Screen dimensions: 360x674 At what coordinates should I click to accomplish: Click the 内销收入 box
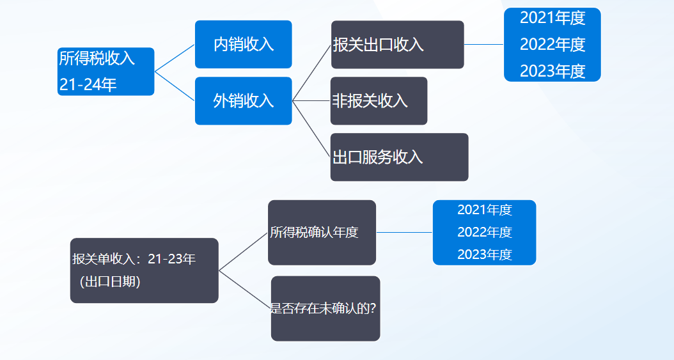click(243, 44)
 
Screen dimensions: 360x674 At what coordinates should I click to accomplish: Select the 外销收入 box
click(243, 100)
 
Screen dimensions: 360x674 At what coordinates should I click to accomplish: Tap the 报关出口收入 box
click(397, 44)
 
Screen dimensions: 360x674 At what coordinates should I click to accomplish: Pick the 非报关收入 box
click(379, 100)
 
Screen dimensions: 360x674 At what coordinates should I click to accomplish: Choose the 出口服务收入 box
click(399, 157)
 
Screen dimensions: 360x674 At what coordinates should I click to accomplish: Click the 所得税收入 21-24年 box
click(106, 71)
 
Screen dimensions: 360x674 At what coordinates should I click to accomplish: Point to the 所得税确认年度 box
click(322, 232)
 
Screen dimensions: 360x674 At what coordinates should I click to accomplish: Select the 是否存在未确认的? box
click(325, 308)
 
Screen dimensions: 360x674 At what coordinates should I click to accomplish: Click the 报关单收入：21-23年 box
click(144, 260)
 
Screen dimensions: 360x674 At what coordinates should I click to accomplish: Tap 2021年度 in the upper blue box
click(553, 18)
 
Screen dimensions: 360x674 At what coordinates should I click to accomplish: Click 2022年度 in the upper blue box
click(553, 44)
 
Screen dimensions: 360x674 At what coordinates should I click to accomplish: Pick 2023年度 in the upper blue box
click(553, 71)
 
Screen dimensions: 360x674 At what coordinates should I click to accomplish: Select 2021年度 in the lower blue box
click(485, 210)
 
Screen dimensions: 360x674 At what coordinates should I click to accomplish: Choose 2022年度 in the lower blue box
click(485, 232)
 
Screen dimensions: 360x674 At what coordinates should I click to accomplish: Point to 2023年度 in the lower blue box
click(485, 254)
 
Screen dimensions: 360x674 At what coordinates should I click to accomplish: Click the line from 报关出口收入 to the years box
click(484, 44)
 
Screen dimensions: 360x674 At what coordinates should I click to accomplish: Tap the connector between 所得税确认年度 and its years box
click(404, 232)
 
